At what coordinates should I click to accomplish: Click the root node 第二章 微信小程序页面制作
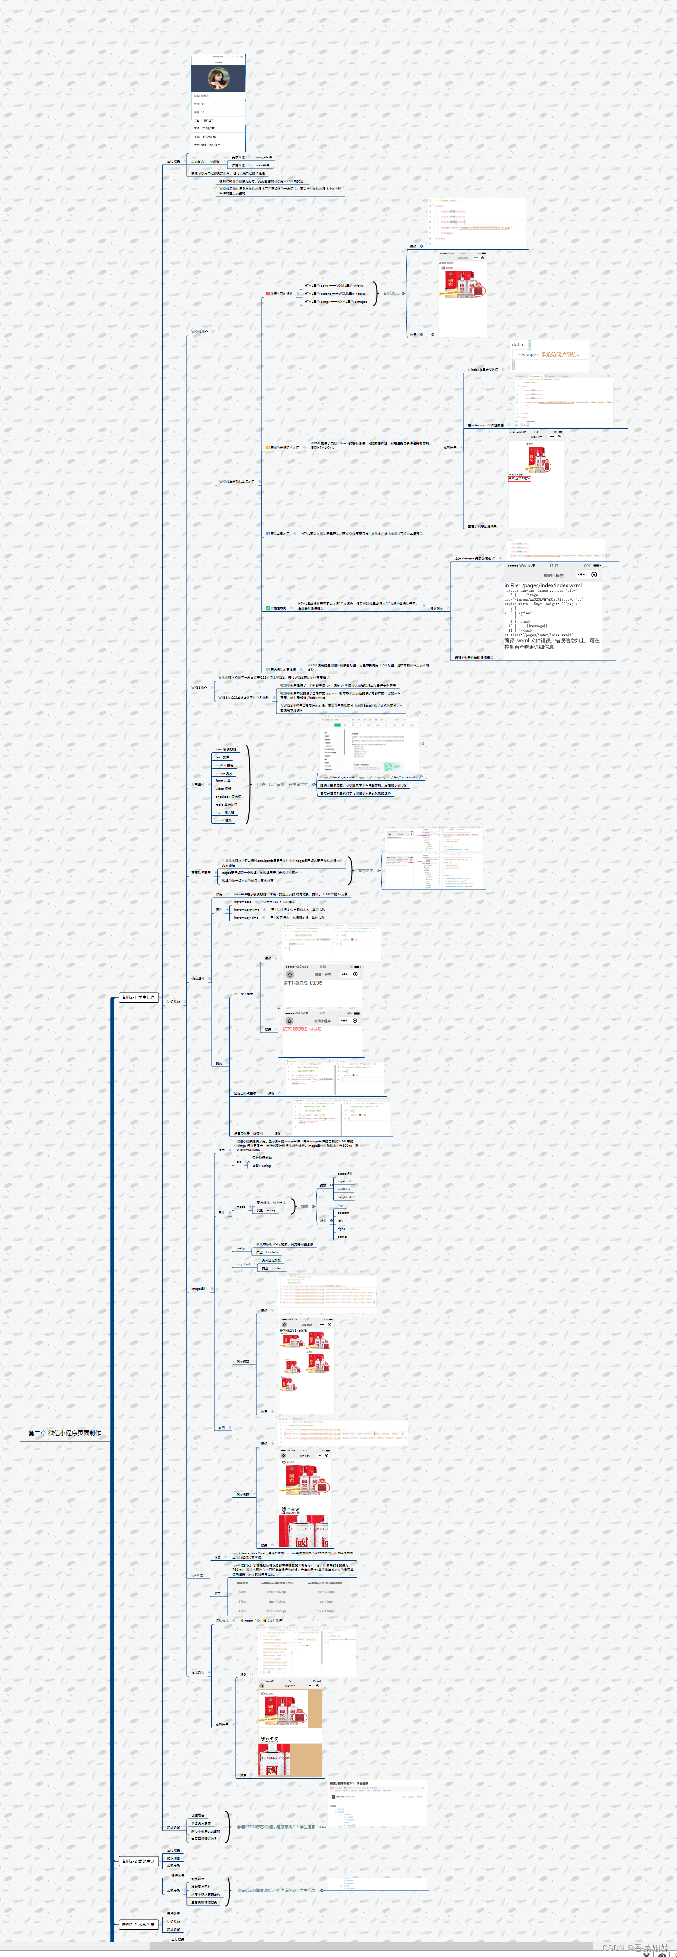click(x=64, y=1433)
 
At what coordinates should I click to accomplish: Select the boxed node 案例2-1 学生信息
click(x=138, y=997)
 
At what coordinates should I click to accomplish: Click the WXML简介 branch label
click(x=199, y=331)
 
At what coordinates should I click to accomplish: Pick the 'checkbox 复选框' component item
click(x=228, y=796)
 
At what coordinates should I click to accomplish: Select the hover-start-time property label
click(x=246, y=909)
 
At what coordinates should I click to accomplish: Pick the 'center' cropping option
click(x=342, y=1236)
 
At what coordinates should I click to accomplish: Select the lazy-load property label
click(x=243, y=1264)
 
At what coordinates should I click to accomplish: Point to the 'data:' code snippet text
click(x=518, y=345)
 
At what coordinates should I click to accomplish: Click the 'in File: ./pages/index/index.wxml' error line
click(x=543, y=585)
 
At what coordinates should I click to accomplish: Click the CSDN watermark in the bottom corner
click(x=635, y=1948)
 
